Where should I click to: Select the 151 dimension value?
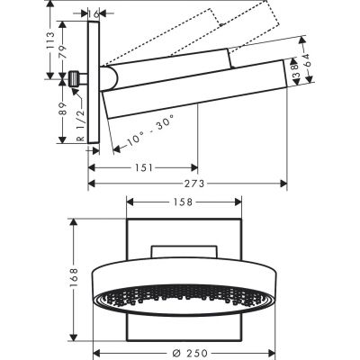143,166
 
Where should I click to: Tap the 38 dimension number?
292,69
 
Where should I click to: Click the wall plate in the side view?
92,81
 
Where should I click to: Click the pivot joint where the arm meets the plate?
109,79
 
